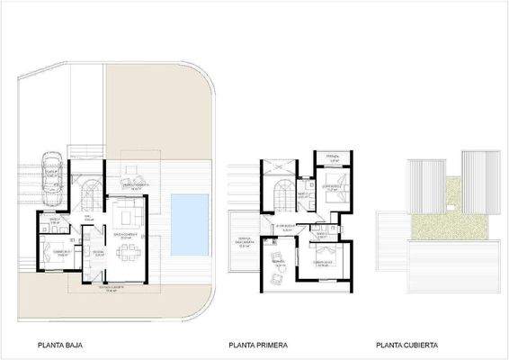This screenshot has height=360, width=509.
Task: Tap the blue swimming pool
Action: coord(190,220)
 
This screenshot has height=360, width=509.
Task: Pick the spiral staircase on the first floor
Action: coord(281,192)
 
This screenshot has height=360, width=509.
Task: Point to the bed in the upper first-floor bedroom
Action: coord(329,190)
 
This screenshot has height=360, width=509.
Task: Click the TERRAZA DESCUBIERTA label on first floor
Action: coord(244,242)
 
